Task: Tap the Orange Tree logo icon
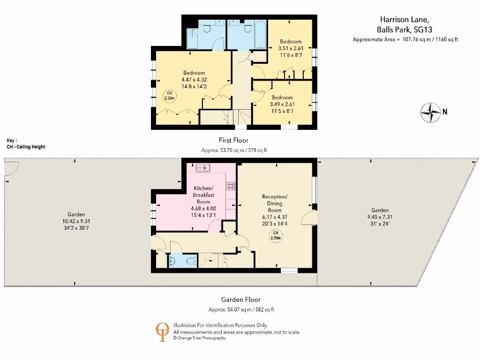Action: [163, 330]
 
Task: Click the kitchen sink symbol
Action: [202, 168]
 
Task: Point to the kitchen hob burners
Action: [231, 186]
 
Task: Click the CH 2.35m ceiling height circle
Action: [276, 236]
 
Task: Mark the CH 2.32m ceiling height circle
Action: [170, 96]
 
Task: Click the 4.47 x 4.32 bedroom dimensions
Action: [194, 80]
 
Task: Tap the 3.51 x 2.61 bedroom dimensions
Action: [291, 48]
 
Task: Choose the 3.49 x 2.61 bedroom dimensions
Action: [281, 104]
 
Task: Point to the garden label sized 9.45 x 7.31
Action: [380, 217]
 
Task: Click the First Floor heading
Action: [233, 140]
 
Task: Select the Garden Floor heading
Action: [240, 300]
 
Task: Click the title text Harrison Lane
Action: [404, 19]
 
